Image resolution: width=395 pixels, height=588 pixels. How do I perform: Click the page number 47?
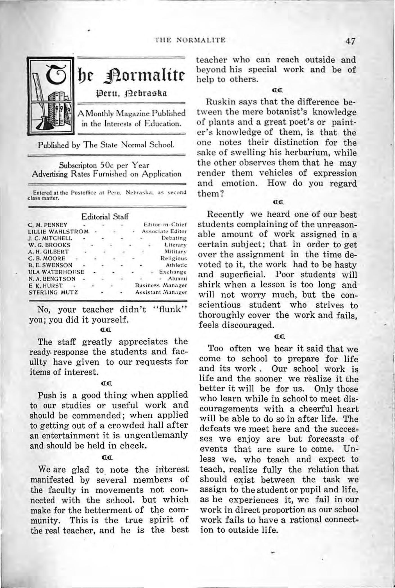click(351, 42)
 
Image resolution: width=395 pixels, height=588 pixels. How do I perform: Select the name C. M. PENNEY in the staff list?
click(48, 225)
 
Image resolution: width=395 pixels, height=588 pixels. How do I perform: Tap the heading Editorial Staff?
click(105, 217)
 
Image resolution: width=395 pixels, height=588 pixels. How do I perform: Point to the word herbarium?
click(303, 153)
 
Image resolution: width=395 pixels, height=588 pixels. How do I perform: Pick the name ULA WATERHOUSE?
click(56, 272)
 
